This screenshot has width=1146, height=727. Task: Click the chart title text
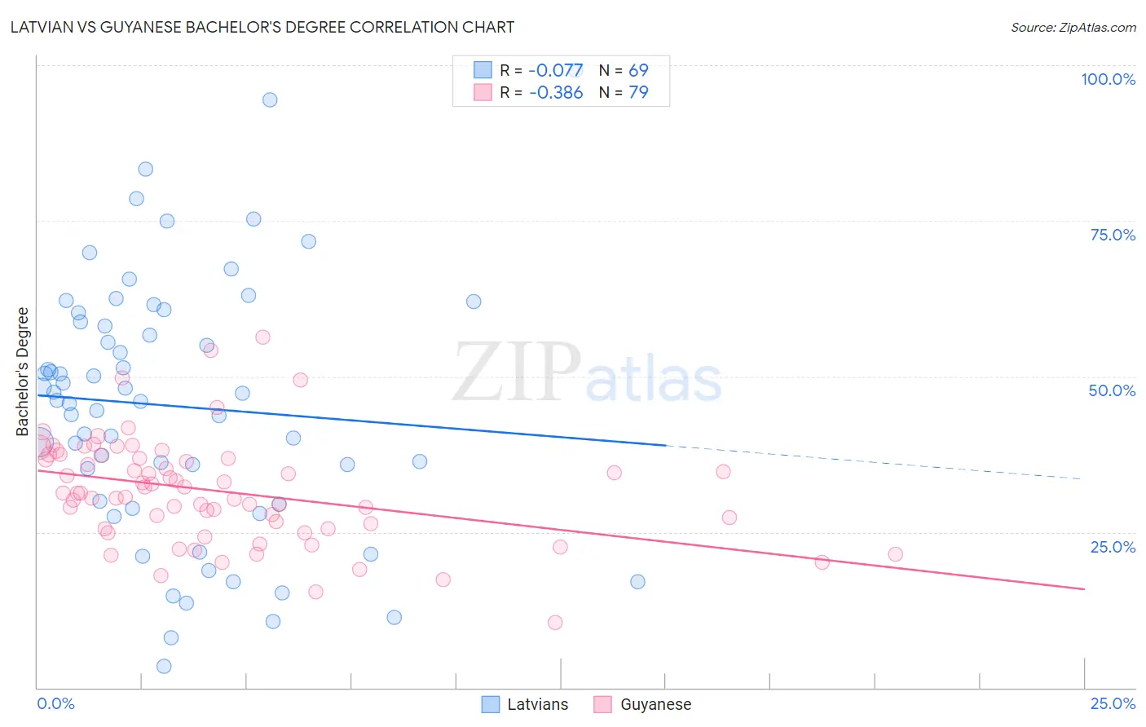tap(262, 27)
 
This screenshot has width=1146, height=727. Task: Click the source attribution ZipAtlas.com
tap(1073, 27)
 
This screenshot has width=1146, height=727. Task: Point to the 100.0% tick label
tap(1108, 79)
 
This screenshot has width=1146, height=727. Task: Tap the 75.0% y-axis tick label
tap(1113, 235)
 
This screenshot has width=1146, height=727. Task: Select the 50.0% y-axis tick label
tap(1112, 390)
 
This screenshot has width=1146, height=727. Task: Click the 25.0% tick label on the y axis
tap(1113, 547)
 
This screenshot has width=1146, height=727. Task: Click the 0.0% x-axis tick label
tap(55, 703)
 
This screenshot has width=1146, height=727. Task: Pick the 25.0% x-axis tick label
tap(1113, 703)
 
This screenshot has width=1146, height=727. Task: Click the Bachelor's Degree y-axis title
tap(23, 372)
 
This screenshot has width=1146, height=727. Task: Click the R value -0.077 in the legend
tap(556, 71)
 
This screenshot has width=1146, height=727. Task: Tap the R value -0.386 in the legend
tap(556, 93)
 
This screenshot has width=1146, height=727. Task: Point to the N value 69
tap(638, 71)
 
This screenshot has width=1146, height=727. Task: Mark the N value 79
tap(638, 93)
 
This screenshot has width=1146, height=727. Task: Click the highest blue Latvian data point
tap(270, 100)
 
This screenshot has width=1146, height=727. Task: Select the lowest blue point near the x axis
tap(164, 666)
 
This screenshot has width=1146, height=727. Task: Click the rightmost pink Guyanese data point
tap(895, 554)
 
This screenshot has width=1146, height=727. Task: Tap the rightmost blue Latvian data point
tap(637, 581)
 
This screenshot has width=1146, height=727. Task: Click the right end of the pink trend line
tap(1084, 588)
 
